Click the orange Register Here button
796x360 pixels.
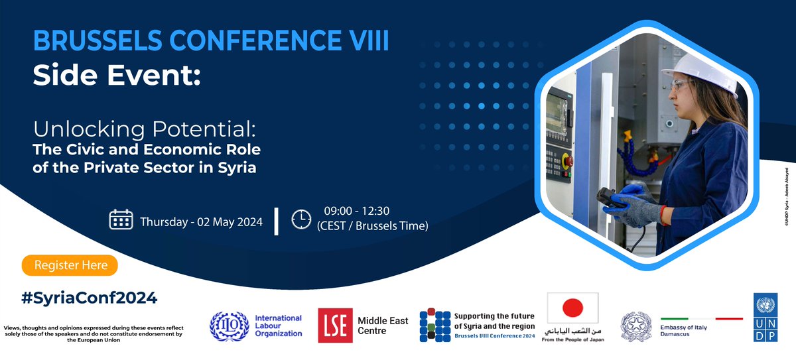tap(70, 265)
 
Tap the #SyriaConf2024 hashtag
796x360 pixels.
tap(89, 298)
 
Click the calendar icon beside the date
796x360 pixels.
tap(121, 219)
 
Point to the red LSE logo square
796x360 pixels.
tap(334, 326)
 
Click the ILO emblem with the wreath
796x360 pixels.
tap(229, 326)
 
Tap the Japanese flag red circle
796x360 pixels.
tap(572, 308)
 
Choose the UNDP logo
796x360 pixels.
tap(765, 318)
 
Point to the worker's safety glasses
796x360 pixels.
tap(681, 86)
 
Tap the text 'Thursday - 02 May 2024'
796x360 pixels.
tap(201, 221)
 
